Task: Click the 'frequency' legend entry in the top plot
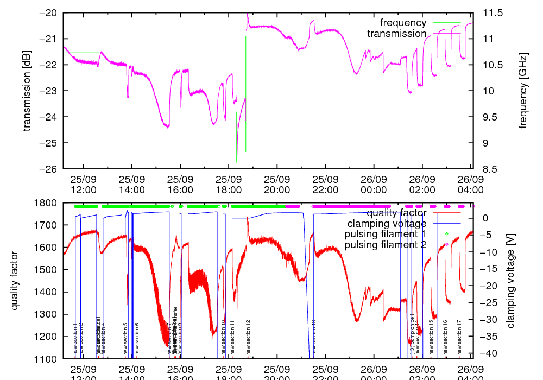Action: [x=403, y=23]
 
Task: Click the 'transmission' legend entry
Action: [x=397, y=34]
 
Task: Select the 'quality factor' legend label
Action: [x=396, y=213]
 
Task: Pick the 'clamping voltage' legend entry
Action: [x=387, y=223]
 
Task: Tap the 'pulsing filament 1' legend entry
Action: [x=385, y=234]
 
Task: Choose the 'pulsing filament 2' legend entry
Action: [x=385, y=245]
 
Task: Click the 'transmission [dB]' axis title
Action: [x=27, y=91]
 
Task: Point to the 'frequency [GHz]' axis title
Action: [x=523, y=91]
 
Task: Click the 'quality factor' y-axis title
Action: [x=15, y=281]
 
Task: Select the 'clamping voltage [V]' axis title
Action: [x=510, y=281]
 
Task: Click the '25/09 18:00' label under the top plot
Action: [x=229, y=184]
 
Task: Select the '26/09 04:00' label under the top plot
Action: [x=470, y=184]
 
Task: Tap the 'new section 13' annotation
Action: [x=314, y=337]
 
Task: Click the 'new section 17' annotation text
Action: [x=459, y=337]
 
